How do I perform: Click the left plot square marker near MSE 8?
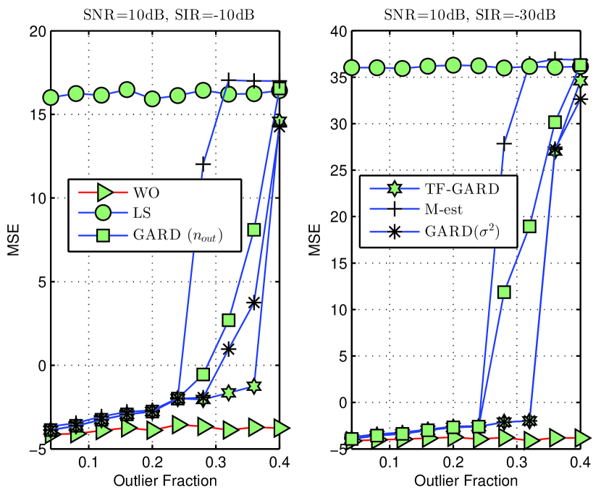(254, 229)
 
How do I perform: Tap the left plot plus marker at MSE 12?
(203, 164)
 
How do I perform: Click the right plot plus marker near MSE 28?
(504, 143)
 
